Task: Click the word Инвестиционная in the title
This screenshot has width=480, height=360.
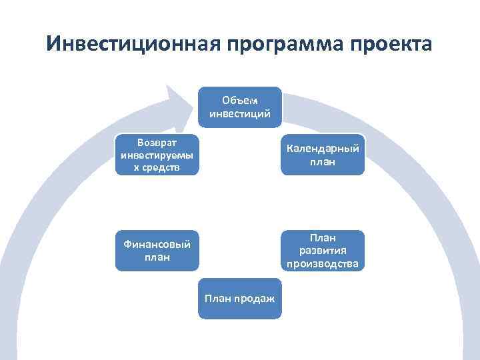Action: [x=132, y=45]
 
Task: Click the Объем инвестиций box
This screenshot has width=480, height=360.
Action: [x=240, y=107]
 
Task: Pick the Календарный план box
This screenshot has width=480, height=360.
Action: [x=323, y=155]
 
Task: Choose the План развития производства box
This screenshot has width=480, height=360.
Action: [x=323, y=251]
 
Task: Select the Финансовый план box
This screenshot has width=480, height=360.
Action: [x=157, y=251]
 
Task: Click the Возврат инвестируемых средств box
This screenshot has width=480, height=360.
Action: [x=157, y=155]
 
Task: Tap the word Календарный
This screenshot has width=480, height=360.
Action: [x=323, y=148]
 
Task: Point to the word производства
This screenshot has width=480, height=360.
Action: [x=323, y=263]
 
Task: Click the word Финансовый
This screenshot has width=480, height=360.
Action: [x=157, y=244]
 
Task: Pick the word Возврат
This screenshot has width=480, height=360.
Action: [x=157, y=142]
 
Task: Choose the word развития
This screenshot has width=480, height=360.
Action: [x=323, y=251]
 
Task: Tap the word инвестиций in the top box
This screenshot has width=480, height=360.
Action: [x=240, y=113]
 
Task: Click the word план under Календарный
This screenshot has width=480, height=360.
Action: [x=323, y=161]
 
